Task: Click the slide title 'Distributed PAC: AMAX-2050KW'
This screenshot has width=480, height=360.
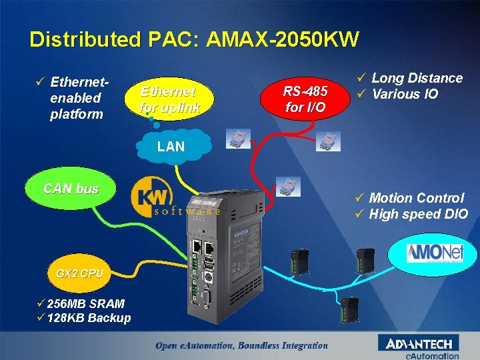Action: [194, 39]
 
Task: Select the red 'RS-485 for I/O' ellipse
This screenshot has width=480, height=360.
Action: [305, 99]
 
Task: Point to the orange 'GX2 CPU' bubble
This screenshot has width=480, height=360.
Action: [80, 273]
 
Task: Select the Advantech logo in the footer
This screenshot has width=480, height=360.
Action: [419, 343]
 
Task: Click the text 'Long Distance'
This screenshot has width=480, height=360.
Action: [417, 78]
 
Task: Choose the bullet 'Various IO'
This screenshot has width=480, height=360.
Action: [405, 94]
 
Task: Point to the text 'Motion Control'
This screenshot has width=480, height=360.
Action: [417, 198]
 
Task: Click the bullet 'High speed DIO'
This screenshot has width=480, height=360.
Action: [418, 214]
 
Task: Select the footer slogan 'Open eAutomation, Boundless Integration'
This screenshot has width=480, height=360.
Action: [241, 345]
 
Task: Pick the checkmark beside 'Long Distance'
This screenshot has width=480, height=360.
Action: [362, 78]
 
